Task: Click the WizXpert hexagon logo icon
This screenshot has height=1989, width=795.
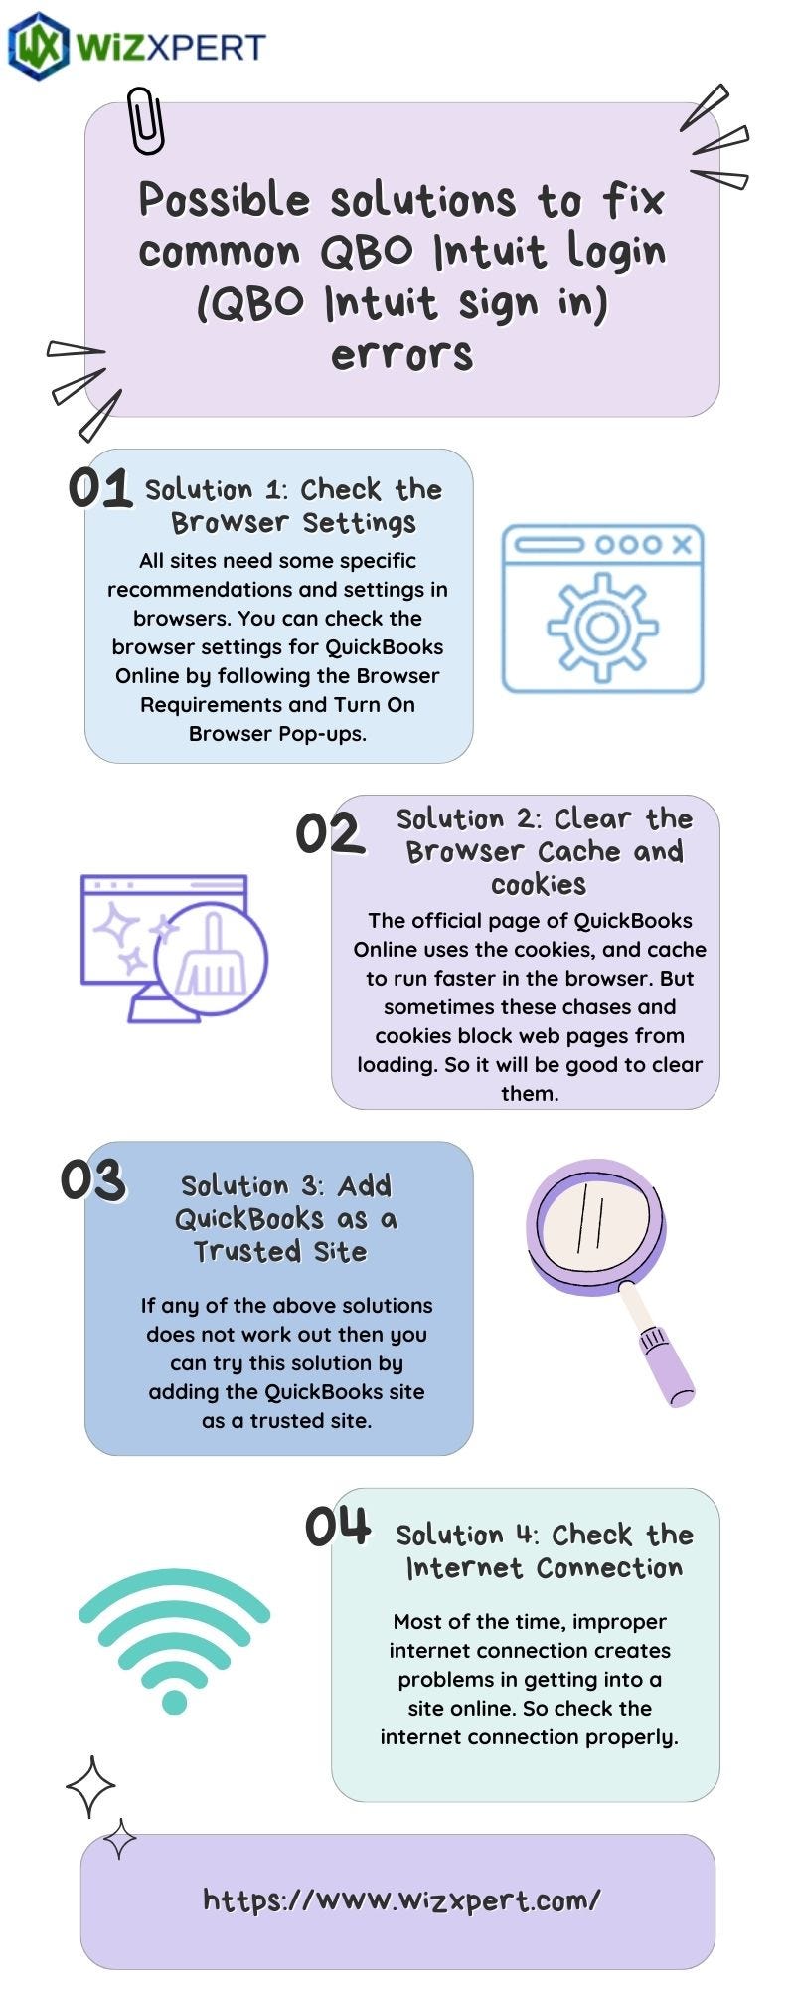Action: click(x=38, y=46)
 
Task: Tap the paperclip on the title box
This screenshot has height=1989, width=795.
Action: click(x=145, y=120)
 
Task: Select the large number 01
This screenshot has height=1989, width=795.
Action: click(x=99, y=488)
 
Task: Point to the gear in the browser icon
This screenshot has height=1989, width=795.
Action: click(x=602, y=627)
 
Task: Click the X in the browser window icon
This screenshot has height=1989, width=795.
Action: click(x=681, y=544)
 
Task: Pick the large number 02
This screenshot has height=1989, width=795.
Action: click(x=329, y=833)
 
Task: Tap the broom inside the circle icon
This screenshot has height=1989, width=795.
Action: click(x=210, y=956)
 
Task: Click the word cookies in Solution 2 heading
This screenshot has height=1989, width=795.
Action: click(x=539, y=884)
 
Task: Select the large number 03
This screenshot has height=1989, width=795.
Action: click(x=92, y=1179)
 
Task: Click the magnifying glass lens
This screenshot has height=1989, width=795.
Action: click(x=594, y=1219)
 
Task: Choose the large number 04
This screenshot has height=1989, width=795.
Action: click(x=338, y=1526)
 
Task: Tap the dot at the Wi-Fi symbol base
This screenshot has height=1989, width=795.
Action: click(x=174, y=1702)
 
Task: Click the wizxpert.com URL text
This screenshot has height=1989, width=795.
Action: click(x=401, y=1900)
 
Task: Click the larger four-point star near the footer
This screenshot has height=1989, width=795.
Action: click(x=90, y=1787)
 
